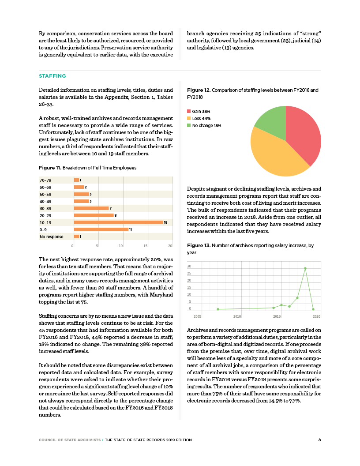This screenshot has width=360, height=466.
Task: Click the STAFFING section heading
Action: coord(52,76)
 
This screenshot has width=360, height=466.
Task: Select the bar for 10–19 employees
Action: coord(118,222)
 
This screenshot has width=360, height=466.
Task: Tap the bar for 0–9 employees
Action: coord(101,229)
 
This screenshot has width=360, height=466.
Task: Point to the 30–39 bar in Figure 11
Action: coord(91,208)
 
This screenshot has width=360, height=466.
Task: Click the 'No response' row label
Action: coord(51,237)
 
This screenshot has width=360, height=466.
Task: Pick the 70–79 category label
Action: coord(45,180)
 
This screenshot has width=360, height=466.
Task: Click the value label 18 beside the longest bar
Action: coord(165,222)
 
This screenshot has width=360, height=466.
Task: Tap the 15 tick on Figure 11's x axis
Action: coord(146,245)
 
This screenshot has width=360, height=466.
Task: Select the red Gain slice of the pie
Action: coord(304,132)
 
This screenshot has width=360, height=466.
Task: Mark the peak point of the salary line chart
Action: coord(305,268)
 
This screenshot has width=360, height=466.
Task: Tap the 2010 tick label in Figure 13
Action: coord(237,316)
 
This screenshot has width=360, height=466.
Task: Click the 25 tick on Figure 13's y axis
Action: coord(189,274)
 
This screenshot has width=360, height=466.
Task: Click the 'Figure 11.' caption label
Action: coord(50,168)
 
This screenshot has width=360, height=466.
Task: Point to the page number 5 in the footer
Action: coord(319,439)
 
